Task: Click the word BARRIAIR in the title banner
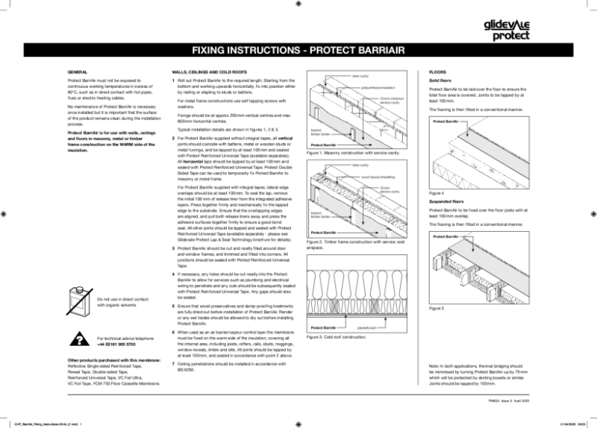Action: click(372, 51)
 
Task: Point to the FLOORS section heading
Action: click(437, 72)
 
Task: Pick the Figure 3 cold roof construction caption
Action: click(337, 337)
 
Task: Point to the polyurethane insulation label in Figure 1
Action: click(378, 87)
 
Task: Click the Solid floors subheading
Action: click(441, 80)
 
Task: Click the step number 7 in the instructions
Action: click(174, 362)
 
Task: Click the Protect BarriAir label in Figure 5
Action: click(446, 236)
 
